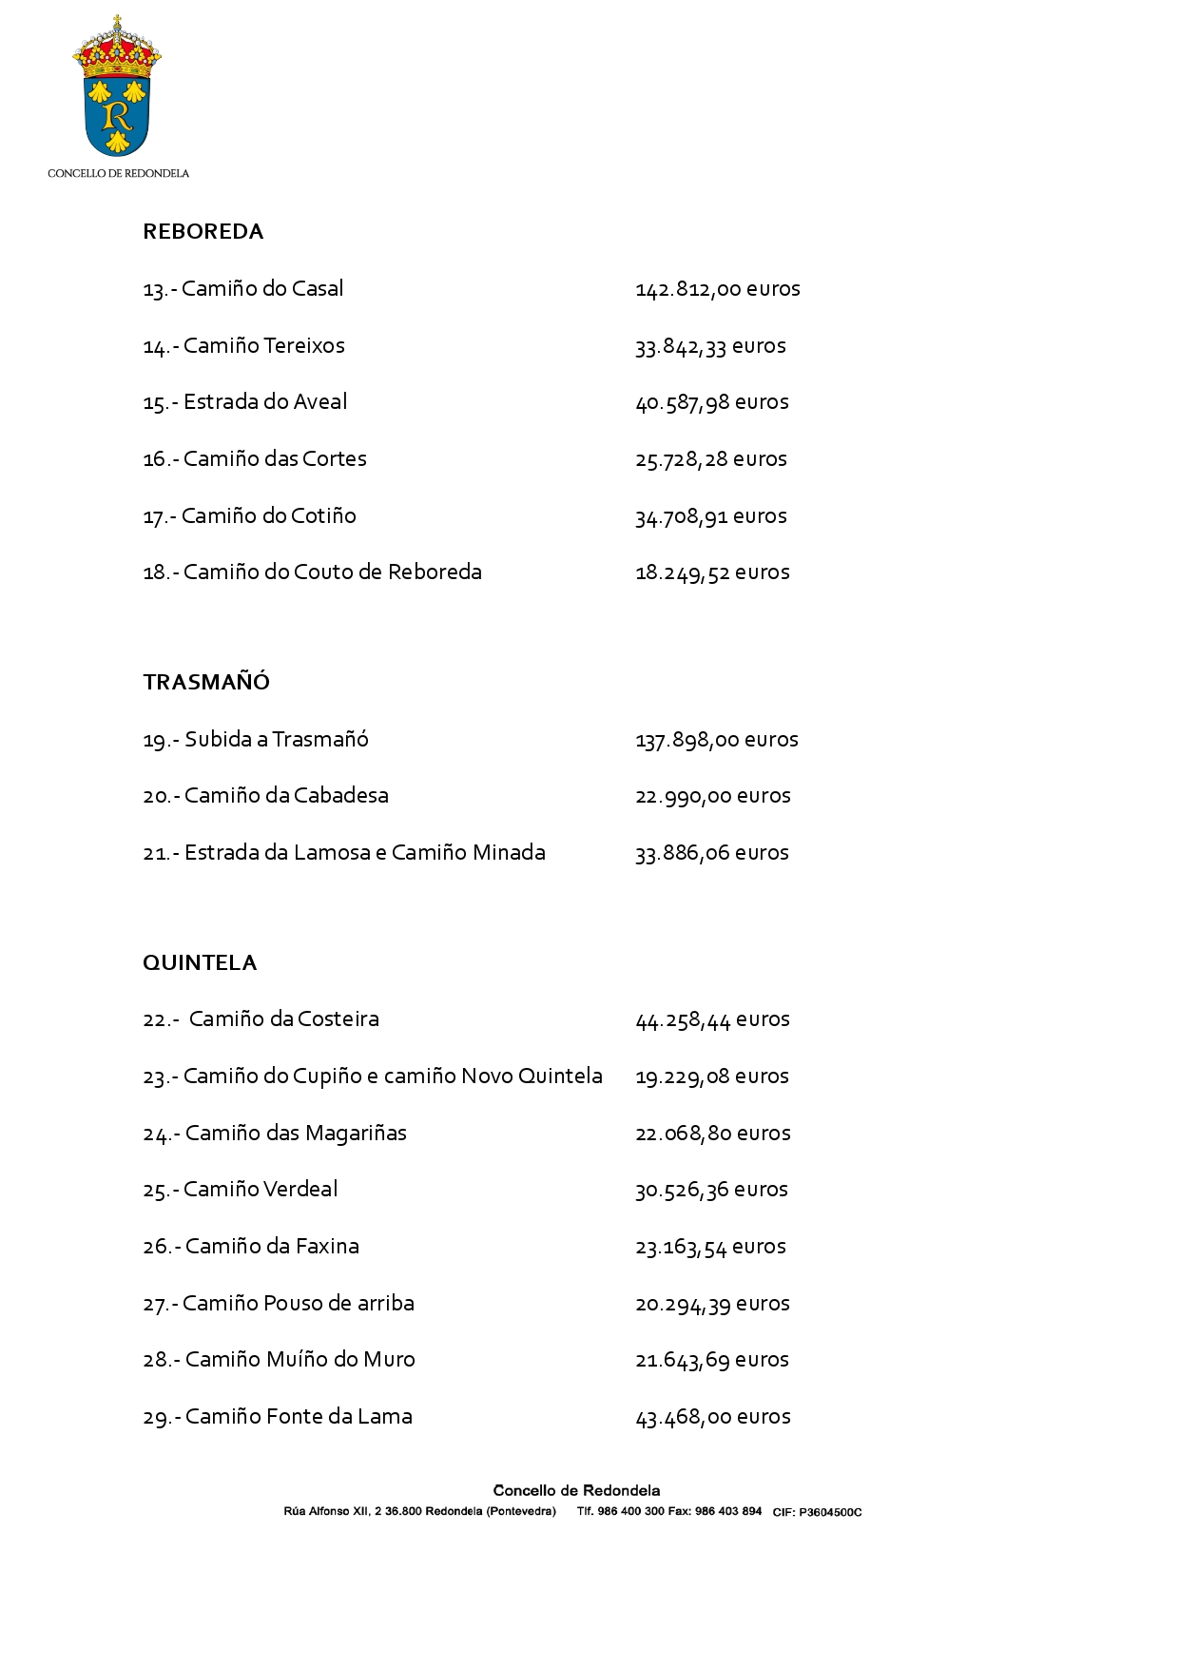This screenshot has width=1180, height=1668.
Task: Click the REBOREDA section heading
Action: click(203, 232)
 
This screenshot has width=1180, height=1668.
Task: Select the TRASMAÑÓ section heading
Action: click(206, 683)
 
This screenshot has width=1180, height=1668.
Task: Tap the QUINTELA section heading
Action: click(200, 963)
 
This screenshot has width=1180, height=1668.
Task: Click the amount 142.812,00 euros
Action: click(717, 289)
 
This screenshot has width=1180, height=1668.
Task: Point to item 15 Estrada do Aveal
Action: click(245, 402)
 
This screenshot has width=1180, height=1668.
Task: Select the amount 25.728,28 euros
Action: click(710, 459)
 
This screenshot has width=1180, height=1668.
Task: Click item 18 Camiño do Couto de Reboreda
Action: click(312, 572)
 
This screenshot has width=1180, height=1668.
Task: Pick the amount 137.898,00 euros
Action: click(716, 740)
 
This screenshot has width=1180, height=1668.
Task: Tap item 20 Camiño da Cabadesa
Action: click(265, 796)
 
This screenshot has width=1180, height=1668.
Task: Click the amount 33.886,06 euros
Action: click(711, 853)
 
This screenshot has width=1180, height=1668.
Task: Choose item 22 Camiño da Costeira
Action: click(261, 1019)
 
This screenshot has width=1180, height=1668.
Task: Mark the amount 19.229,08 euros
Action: click(711, 1076)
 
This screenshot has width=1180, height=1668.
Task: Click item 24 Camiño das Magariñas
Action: click(275, 1134)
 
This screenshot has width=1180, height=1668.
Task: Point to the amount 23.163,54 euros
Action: click(710, 1247)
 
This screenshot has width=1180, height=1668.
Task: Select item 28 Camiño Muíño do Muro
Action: click(279, 1360)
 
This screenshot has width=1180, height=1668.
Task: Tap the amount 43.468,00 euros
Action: click(712, 1417)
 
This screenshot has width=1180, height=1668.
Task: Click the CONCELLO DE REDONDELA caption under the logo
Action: click(118, 173)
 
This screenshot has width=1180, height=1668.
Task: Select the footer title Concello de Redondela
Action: click(576, 1490)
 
